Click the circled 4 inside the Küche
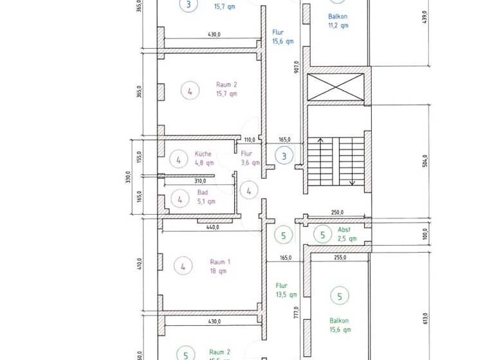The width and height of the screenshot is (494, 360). pyautogui.click(x=178, y=159)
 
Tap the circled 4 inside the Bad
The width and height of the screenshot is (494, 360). pyautogui.click(x=179, y=200)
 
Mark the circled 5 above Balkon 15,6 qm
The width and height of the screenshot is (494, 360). pyautogui.click(x=339, y=296)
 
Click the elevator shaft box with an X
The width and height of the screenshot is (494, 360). pyautogui.click(x=336, y=87)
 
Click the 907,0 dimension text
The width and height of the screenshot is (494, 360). pyautogui.click(x=297, y=68)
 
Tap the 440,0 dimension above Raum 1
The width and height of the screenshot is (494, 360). pyautogui.click(x=213, y=227)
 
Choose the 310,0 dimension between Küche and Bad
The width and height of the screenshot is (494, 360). pyautogui.click(x=208, y=181)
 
